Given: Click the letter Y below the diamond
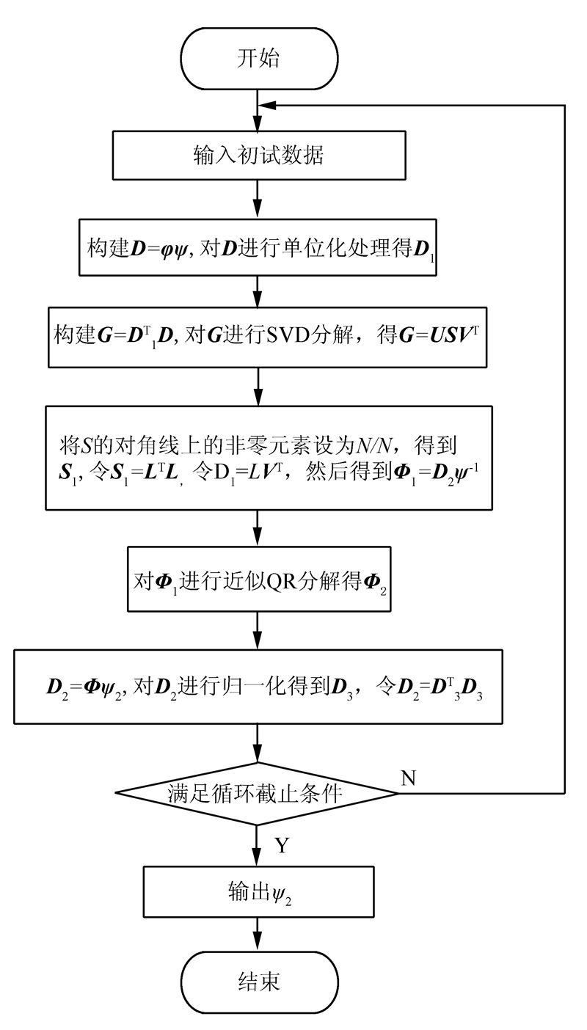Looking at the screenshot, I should pyautogui.click(x=282, y=846).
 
